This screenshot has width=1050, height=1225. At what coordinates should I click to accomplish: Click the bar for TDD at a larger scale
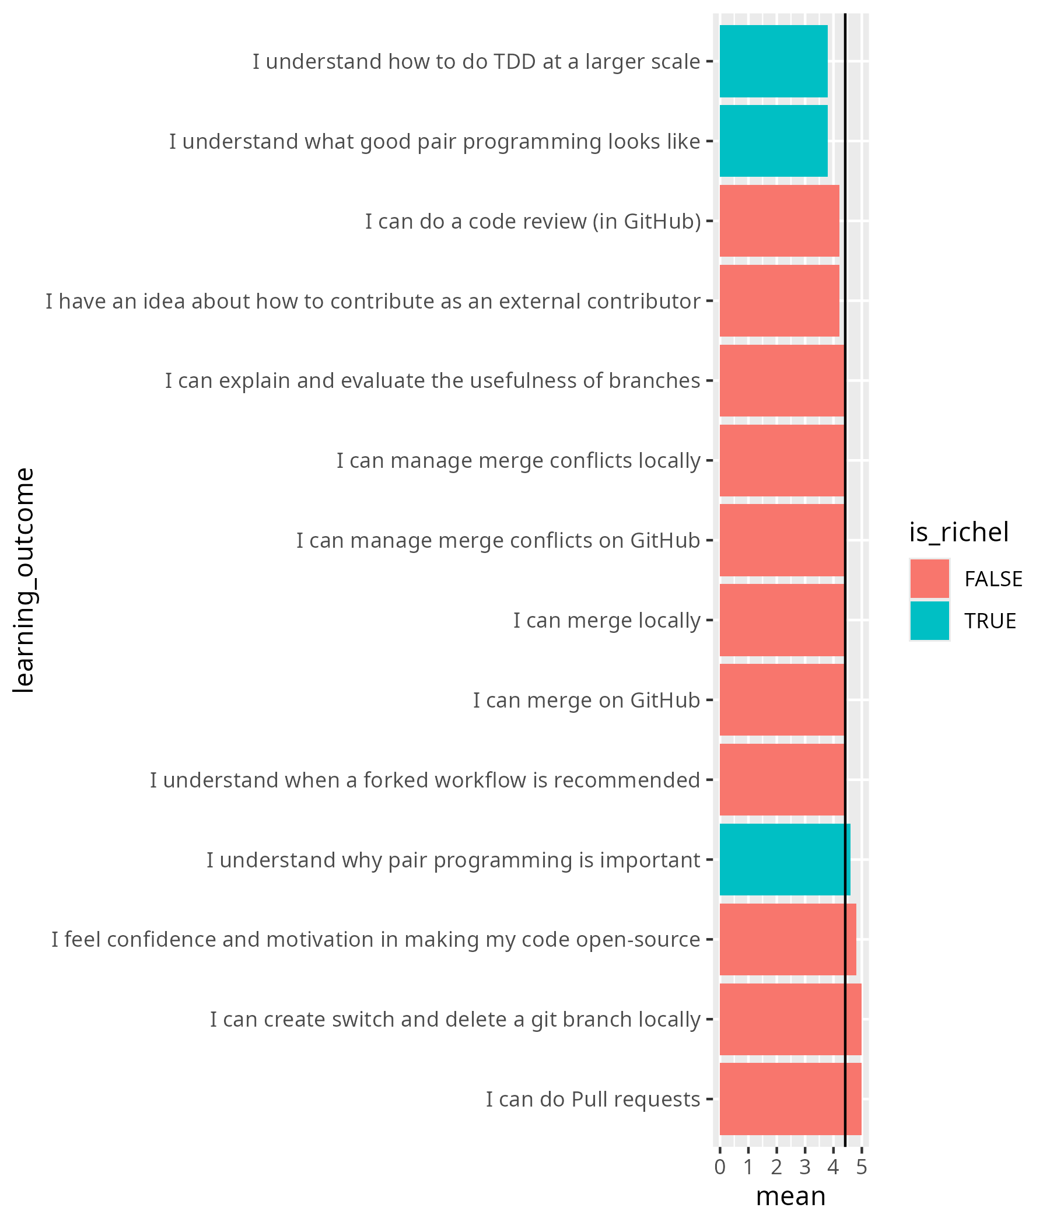click(773, 61)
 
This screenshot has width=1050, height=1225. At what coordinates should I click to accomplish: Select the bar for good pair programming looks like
click(773, 141)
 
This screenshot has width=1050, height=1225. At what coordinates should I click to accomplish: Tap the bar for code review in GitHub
click(779, 220)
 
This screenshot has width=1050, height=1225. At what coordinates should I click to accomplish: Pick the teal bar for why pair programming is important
click(784, 859)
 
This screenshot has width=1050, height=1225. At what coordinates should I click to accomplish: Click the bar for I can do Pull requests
click(790, 1098)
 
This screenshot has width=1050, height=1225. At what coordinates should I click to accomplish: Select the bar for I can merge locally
click(781, 619)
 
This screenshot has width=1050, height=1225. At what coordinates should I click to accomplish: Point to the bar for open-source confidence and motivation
click(787, 939)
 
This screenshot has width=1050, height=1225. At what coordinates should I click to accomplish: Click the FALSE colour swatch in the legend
click(929, 578)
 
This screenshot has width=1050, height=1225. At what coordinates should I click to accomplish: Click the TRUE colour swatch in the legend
click(929, 620)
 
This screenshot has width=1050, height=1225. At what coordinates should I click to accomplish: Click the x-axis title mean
click(790, 1195)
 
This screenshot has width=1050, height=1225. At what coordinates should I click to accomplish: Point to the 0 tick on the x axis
click(719, 1167)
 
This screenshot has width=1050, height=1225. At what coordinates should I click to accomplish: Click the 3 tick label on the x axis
click(804, 1167)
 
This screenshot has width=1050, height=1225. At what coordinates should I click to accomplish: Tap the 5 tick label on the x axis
click(862, 1167)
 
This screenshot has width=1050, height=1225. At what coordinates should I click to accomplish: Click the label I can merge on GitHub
click(586, 699)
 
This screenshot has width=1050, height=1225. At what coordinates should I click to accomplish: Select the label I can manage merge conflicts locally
click(518, 460)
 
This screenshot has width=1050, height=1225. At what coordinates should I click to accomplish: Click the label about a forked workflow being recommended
click(425, 779)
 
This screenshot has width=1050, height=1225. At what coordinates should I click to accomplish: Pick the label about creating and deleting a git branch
click(454, 1019)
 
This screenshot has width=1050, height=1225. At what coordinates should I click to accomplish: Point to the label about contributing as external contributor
click(373, 301)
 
